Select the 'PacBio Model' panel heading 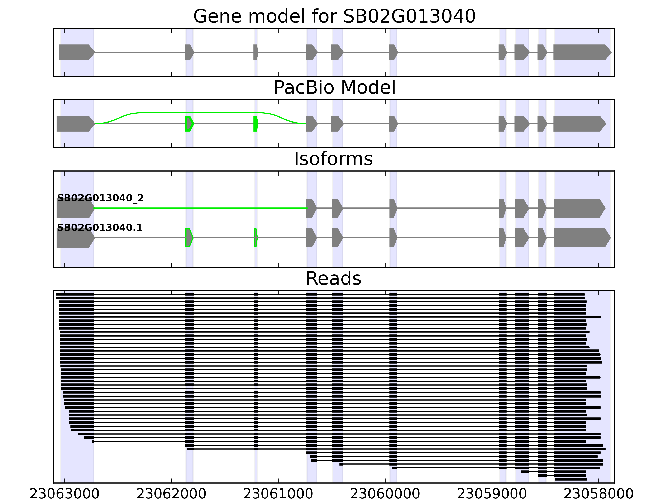pos(334,88)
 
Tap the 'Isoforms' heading pos(333,159)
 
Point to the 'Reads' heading pos(333,278)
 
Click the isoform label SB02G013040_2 pos(100,198)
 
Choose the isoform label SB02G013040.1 pos(100,228)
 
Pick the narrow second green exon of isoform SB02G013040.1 pos(256,238)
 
